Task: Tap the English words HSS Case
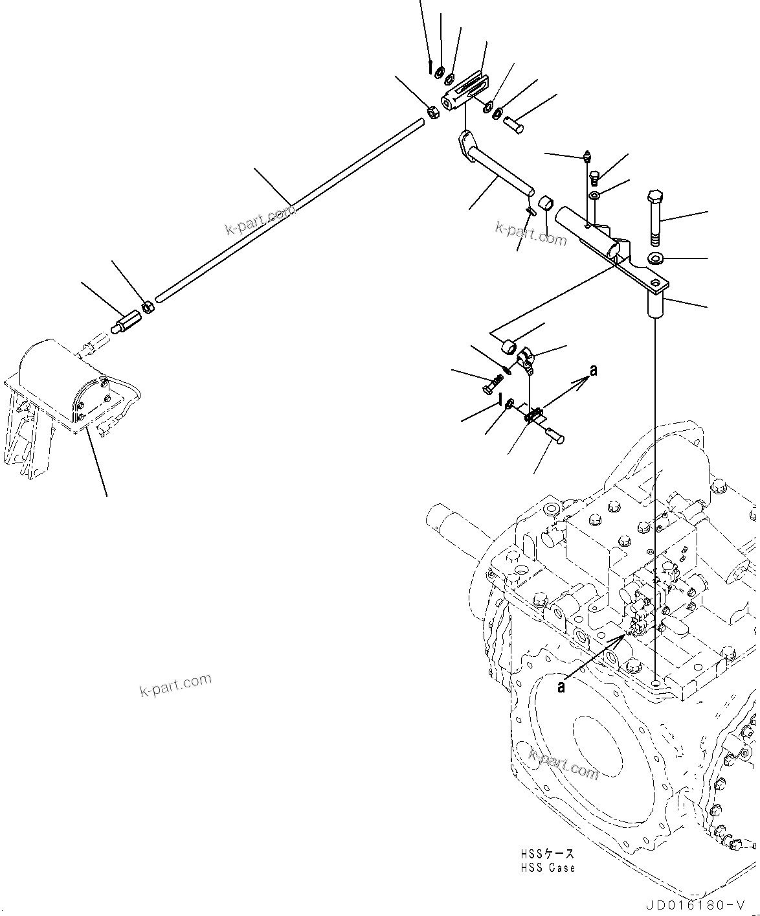tap(546, 868)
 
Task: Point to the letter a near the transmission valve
tap(561, 687)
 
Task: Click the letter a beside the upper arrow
tap(593, 371)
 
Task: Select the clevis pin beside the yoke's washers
tap(514, 122)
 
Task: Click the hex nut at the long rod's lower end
tap(148, 306)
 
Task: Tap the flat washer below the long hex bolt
tap(655, 259)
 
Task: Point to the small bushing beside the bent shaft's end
tap(546, 203)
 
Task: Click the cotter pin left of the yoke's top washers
tap(430, 67)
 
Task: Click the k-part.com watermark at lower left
tap(175, 684)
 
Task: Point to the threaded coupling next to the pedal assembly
tap(126, 322)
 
